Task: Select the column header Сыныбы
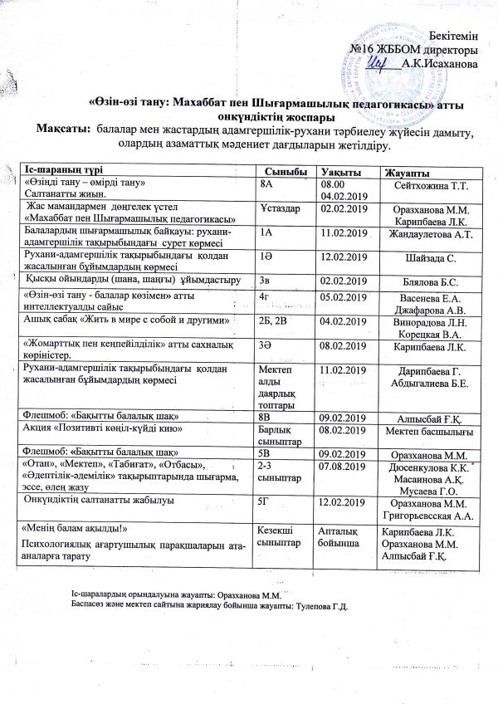pyautogui.click(x=276, y=170)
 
